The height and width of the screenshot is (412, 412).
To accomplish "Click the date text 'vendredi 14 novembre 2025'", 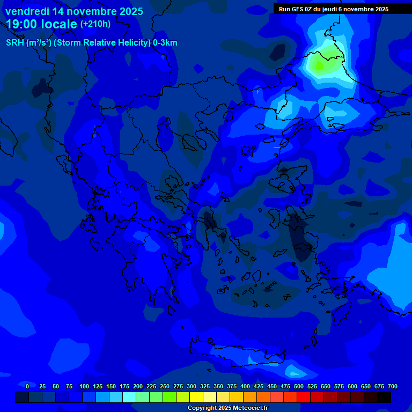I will (x=74, y=11).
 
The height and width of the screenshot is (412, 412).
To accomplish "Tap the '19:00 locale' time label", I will (x=42, y=24).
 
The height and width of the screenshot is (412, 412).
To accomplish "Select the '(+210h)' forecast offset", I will (x=95, y=24).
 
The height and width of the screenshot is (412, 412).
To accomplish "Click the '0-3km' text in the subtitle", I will (x=165, y=43).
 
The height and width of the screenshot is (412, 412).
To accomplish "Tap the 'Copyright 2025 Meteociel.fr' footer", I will (x=227, y=408).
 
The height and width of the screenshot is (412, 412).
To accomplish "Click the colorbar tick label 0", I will (x=27, y=386).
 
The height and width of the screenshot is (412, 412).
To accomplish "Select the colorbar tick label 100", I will (x=84, y=386).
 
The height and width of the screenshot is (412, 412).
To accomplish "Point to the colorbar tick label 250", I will (x=165, y=386).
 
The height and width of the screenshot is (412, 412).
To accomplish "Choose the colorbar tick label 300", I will (x=192, y=386).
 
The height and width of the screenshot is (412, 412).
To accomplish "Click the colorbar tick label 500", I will (x=299, y=386).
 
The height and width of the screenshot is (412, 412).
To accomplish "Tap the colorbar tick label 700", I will (x=393, y=386).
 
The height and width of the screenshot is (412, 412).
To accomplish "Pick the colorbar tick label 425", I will (x=259, y=386).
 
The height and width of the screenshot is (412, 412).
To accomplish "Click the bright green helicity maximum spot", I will (x=320, y=65).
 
